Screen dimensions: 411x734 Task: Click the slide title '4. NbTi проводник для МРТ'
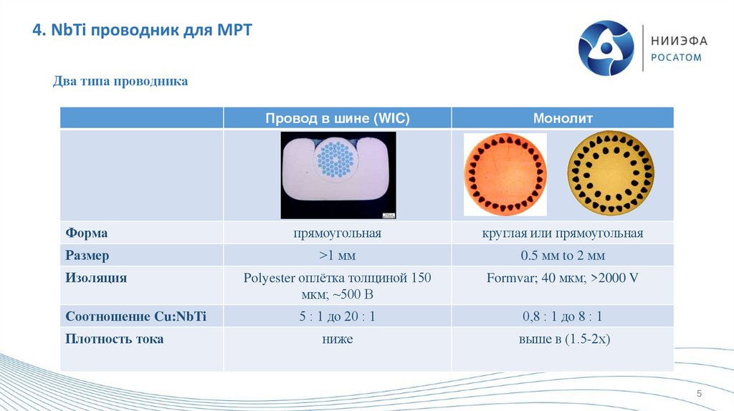click(x=142, y=32)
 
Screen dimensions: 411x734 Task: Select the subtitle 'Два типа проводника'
click(x=120, y=82)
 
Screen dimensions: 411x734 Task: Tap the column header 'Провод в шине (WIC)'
click(x=338, y=118)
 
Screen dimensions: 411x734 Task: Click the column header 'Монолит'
click(x=563, y=118)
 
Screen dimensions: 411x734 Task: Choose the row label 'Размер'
click(x=87, y=256)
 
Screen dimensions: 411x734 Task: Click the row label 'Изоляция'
click(x=96, y=278)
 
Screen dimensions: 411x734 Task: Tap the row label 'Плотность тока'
click(x=114, y=339)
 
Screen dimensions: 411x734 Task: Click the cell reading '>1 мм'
click(x=337, y=256)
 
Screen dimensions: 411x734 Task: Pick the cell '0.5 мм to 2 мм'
click(x=562, y=256)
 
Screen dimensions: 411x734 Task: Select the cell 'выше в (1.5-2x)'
click(x=562, y=339)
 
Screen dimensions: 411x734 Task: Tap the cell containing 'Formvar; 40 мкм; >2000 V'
click(x=562, y=278)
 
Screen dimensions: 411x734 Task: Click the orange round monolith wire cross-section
click(x=505, y=174)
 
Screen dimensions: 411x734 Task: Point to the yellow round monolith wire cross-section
click(x=611, y=173)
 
